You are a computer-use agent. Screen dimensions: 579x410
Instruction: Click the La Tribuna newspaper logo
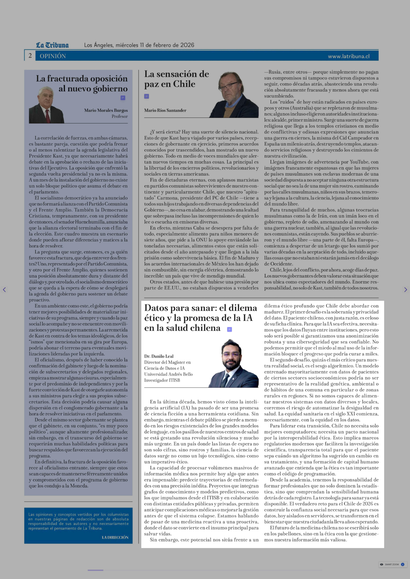(x=52, y=45)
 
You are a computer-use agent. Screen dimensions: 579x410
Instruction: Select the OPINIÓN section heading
(x=53, y=56)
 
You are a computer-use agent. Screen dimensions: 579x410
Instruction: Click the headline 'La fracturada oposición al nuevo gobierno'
(x=82, y=83)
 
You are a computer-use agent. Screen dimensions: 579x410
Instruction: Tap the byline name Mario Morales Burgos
(x=106, y=110)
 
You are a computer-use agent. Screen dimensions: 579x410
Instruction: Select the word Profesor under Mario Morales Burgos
(x=120, y=116)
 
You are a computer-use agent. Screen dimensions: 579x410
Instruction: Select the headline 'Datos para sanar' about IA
(x=200, y=318)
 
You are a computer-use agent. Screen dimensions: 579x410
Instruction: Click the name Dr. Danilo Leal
(x=159, y=356)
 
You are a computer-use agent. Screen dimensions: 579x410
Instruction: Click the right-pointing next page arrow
(x=405, y=290)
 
